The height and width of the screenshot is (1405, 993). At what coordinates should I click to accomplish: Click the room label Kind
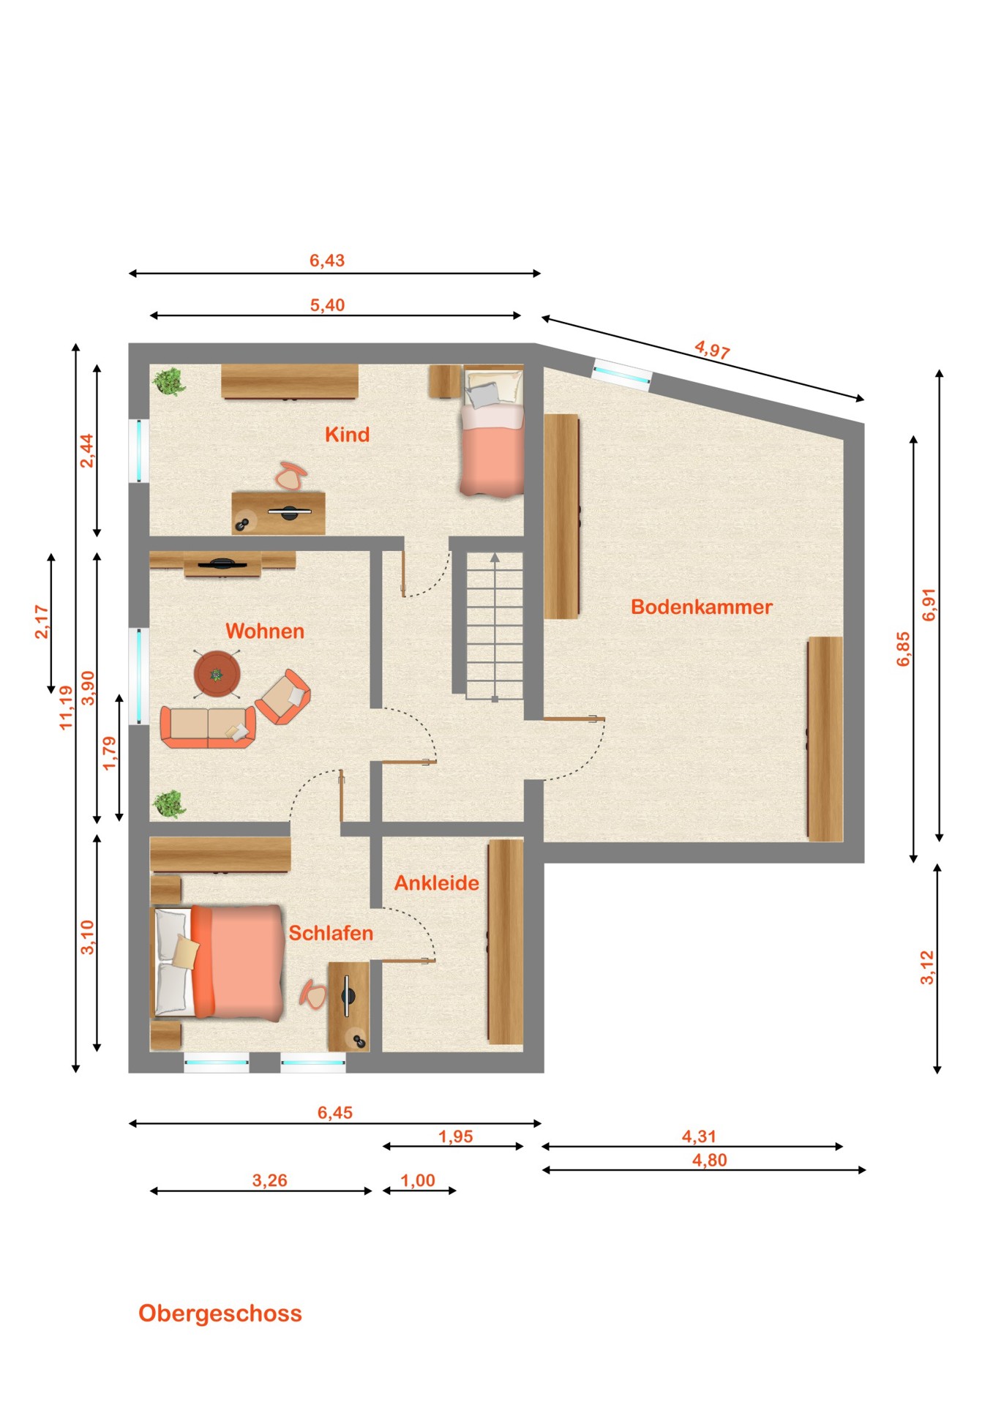347,435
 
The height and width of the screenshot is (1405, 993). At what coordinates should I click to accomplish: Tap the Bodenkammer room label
702,607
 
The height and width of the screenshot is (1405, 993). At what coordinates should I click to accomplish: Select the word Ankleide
437,883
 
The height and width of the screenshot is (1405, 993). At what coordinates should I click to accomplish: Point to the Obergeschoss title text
220,1314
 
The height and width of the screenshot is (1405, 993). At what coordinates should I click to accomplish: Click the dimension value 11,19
67,708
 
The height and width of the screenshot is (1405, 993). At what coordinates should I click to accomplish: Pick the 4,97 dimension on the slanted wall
712,350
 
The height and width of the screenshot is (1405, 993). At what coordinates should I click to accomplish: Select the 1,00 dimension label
418,1180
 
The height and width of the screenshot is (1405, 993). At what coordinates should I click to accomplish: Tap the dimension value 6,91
929,604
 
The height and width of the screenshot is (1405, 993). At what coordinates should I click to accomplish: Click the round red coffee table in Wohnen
217,674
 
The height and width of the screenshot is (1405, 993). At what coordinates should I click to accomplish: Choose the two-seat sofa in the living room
208,727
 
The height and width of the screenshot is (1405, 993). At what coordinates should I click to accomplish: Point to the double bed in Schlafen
217,963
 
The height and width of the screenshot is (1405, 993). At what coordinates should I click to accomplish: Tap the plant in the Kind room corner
169,381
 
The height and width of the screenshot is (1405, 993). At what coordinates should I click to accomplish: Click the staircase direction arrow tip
495,554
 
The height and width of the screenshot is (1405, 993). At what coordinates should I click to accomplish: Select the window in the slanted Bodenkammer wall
621,373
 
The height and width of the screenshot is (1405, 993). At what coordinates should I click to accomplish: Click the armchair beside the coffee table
283,697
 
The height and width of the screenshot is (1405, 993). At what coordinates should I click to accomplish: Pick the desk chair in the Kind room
291,476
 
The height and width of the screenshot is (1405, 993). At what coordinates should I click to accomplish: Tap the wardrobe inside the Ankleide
506,941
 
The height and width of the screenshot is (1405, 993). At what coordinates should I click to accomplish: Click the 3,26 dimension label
269,1180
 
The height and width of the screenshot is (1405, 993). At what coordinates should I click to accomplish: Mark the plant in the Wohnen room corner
169,804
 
